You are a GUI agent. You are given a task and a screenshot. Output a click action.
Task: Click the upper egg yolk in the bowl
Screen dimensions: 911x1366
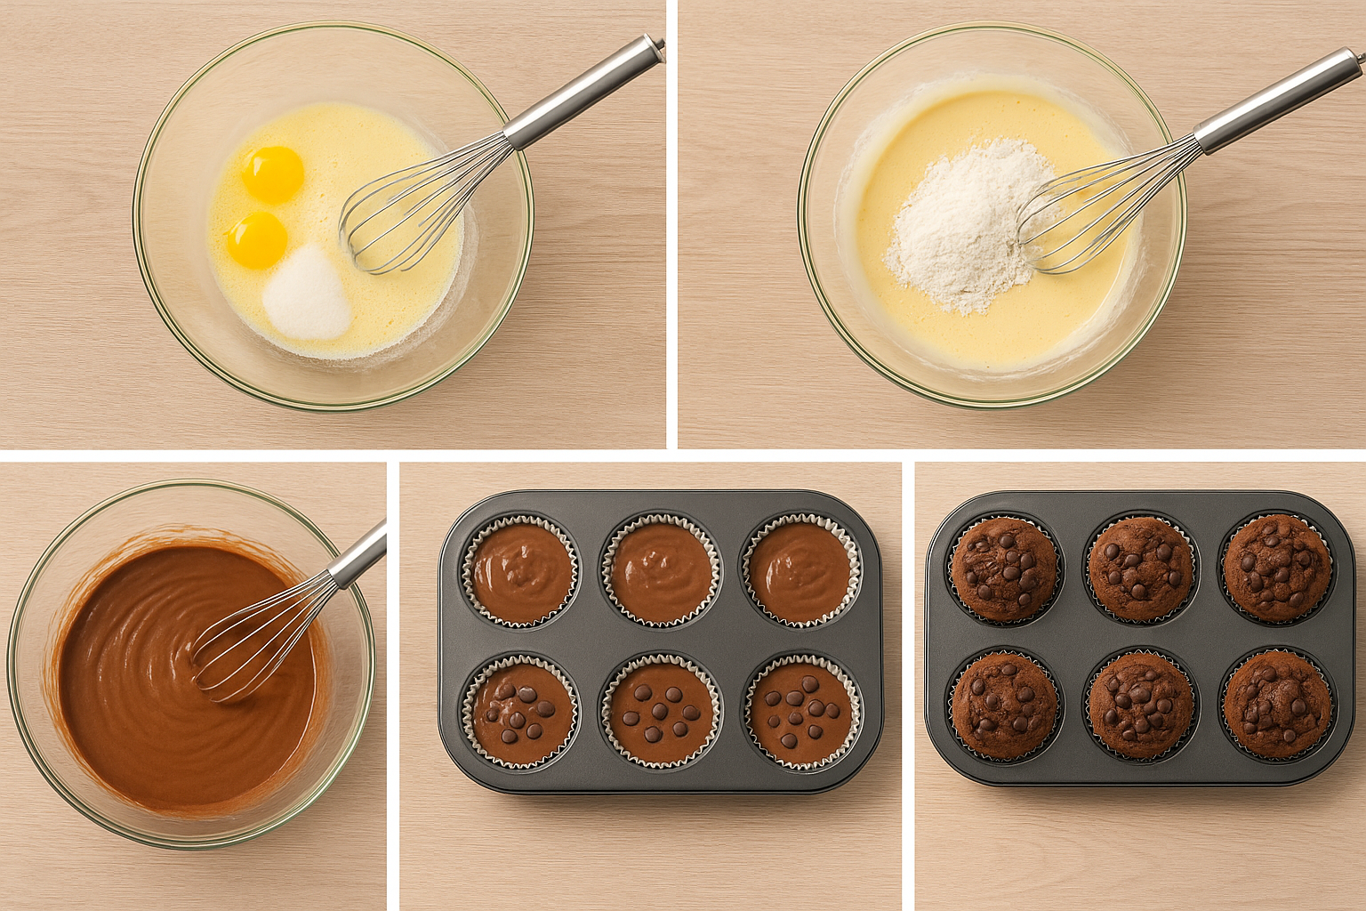[x=272, y=173]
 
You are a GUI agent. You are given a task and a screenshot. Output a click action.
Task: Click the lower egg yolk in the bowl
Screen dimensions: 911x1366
[x=257, y=239]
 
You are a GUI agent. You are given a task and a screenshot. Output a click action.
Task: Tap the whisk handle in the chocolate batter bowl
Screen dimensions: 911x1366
[x=360, y=553]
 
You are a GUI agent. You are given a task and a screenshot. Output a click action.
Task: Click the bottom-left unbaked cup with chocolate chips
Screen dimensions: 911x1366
[x=521, y=710]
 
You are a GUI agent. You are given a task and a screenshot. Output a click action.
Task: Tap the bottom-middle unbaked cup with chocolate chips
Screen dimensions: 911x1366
[x=661, y=710]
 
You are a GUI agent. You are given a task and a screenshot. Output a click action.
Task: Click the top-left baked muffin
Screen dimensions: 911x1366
[x=1004, y=569]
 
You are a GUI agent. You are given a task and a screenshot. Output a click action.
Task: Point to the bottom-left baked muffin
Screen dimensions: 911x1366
[x=1004, y=706]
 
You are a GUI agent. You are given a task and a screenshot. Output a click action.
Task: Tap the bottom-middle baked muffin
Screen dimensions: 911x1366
[x=1141, y=706]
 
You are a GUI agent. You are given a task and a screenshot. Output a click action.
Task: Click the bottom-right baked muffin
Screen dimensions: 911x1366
[x=1277, y=705]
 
